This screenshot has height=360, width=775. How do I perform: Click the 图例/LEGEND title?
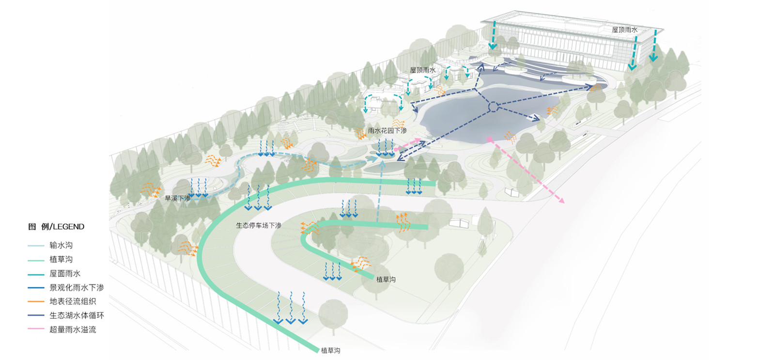click(56, 227)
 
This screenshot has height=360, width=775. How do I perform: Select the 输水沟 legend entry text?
click(61, 245)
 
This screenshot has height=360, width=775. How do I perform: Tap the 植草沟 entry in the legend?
click(61, 259)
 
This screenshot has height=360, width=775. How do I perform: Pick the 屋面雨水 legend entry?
click(65, 273)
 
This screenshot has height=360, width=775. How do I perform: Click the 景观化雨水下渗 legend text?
click(77, 287)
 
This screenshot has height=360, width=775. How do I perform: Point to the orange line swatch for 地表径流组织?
click(36, 301)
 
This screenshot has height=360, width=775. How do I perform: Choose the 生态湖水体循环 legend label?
click(77, 315)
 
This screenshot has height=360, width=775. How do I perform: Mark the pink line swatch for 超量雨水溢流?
click(36, 329)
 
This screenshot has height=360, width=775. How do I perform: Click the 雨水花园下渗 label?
click(387, 130)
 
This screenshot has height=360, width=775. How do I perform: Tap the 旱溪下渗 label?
click(177, 198)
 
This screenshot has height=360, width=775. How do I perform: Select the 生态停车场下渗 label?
click(259, 225)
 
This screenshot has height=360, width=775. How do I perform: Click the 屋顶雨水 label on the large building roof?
click(624, 30)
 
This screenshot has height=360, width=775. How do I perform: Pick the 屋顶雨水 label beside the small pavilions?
click(422, 70)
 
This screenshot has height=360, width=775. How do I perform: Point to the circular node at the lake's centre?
click(493, 107)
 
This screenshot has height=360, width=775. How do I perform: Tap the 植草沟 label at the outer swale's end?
click(330, 350)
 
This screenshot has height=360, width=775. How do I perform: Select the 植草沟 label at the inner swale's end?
click(386, 280)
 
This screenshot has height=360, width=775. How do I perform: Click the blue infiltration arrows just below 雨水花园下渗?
click(386, 148)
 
